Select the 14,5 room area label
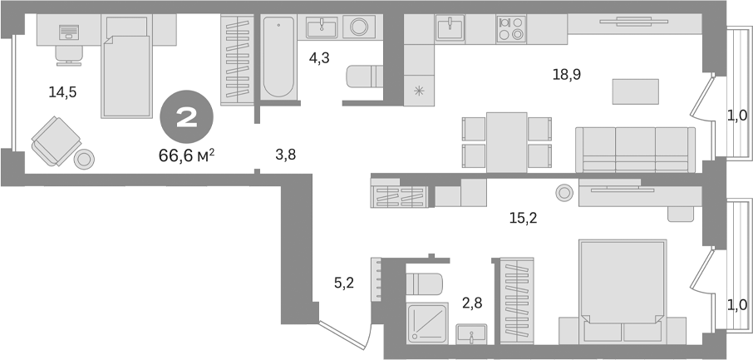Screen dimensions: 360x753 pyautogui.click(x=62, y=92)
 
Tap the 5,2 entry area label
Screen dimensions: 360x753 pyautogui.click(x=345, y=284)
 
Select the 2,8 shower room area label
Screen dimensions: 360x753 pyautogui.click(x=471, y=303)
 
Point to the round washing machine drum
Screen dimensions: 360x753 pyautogui.click(x=359, y=27)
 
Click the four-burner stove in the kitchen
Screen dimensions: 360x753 pyautogui.click(x=509, y=29)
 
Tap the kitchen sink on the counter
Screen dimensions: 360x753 pyautogui.click(x=450, y=28)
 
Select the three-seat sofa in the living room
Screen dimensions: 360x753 pyautogui.click(x=635, y=150)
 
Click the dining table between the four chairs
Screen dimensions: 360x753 pyautogui.click(x=506, y=141)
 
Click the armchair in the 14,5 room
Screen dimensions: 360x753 pyautogui.click(x=55, y=140)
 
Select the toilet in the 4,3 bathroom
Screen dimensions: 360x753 pyautogui.click(x=363, y=78)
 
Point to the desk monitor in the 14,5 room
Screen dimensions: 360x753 pyautogui.click(x=68, y=32)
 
